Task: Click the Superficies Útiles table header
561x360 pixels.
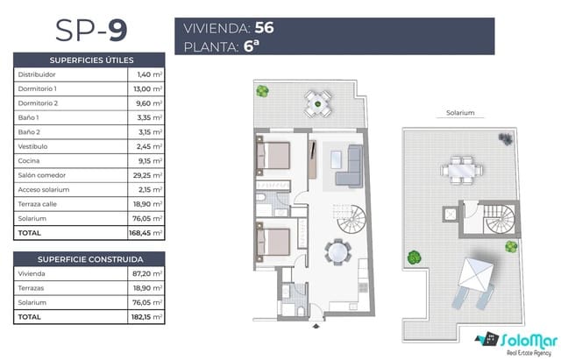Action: [x=91, y=60]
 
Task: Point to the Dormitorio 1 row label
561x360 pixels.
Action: [x=38, y=88]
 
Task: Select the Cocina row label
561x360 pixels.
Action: [x=29, y=161]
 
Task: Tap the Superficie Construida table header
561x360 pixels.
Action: [x=91, y=259]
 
